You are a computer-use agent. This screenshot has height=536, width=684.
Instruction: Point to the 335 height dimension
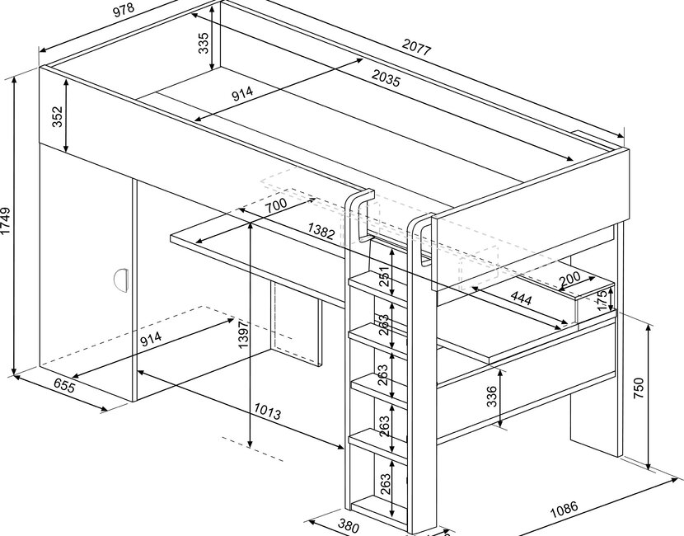204,42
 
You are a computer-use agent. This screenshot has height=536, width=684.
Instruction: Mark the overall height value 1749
7,223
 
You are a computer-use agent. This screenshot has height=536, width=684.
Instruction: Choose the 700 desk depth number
278,205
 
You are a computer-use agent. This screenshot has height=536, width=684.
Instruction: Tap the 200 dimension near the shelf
569,280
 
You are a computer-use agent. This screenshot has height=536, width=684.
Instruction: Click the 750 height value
640,388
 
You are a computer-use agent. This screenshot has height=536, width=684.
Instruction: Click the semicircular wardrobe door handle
121,279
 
